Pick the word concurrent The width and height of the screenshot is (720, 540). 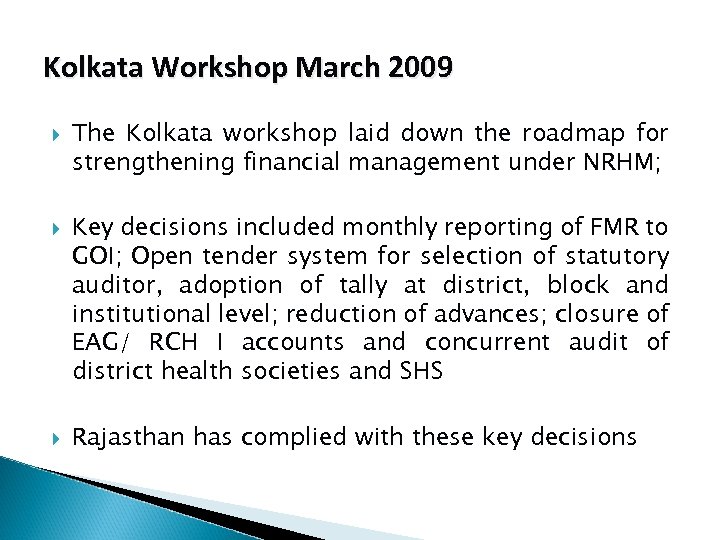coord(487,343)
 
